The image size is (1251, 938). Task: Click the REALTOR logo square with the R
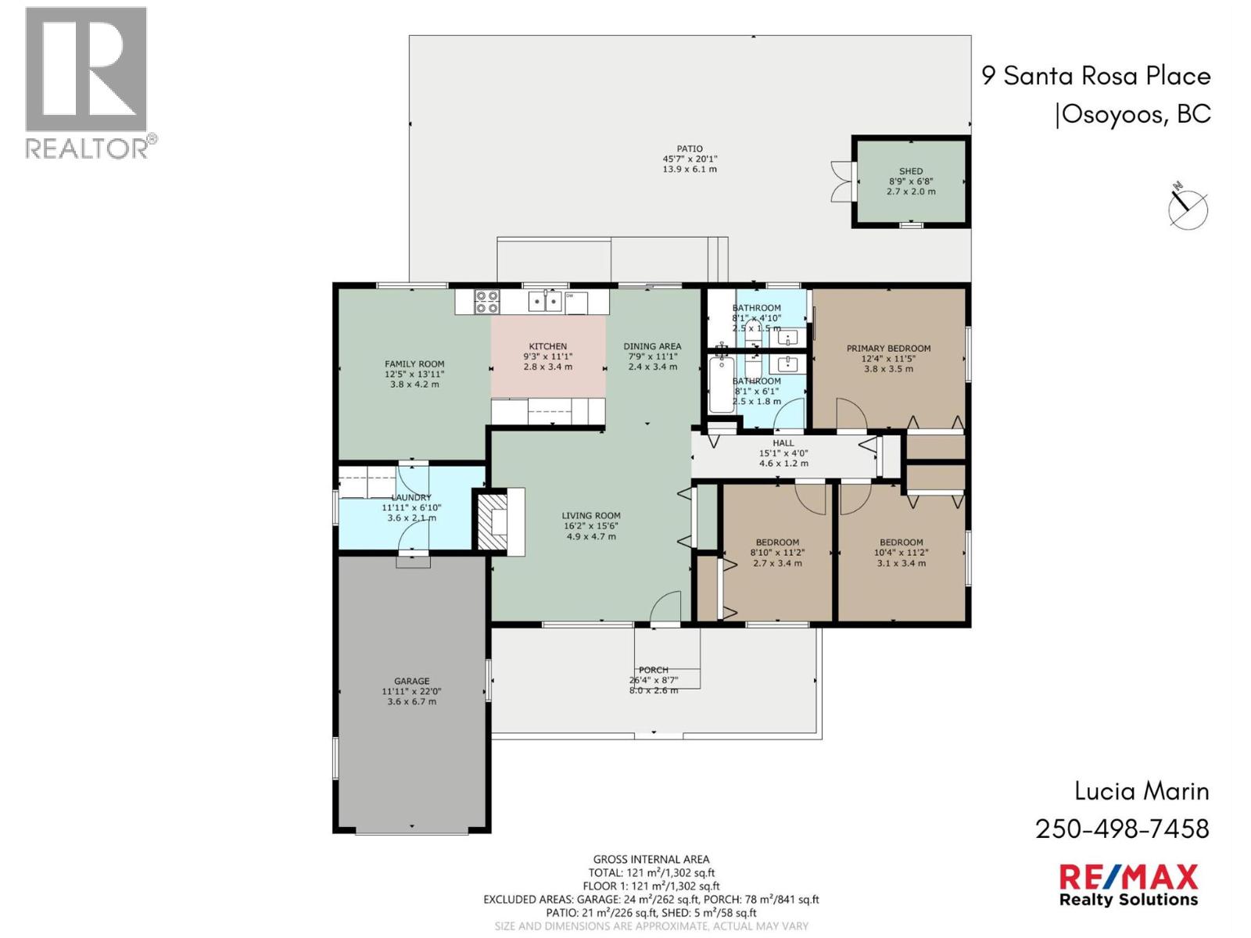point(86,69)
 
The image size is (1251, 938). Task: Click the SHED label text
point(910,171)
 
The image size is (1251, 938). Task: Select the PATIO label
point(689,149)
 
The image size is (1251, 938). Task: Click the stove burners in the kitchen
point(487,301)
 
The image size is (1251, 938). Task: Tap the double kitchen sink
point(544,301)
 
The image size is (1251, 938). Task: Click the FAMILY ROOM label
point(414,363)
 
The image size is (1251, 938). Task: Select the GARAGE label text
point(411,681)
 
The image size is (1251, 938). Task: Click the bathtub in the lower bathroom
point(721,384)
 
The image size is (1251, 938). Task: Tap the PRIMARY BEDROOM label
point(888,349)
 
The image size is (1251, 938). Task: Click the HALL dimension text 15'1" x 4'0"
point(783,453)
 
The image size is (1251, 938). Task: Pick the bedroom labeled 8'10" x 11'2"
point(777,552)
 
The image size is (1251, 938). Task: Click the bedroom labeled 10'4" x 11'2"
point(901,552)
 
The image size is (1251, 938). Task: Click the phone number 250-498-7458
point(1122,829)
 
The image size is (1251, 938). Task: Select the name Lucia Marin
point(1142,791)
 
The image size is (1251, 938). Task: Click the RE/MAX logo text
point(1128,877)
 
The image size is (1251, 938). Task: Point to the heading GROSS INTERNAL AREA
point(651,859)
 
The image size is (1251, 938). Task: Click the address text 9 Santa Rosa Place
point(1095,76)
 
